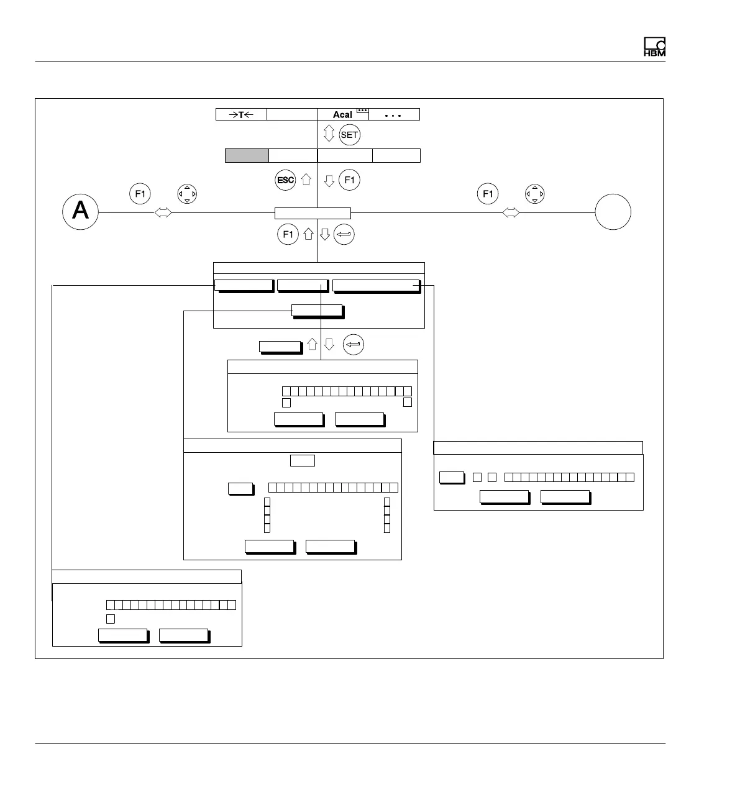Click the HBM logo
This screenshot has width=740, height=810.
point(654,48)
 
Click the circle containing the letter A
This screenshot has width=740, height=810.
point(81,212)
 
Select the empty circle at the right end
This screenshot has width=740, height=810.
point(613,212)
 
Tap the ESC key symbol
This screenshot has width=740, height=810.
point(285,180)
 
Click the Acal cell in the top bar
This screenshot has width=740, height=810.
point(344,114)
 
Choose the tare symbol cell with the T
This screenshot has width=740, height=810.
point(241,114)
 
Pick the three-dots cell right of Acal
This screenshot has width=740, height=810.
point(395,114)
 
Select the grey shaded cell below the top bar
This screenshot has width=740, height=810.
point(247,155)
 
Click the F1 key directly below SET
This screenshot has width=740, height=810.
point(350,180)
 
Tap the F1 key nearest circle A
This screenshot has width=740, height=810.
point(140,194)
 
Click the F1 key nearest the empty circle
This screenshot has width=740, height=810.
point(488,194)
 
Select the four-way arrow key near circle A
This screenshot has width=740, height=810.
point(187,194)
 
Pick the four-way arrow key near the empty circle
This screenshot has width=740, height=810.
point(534,194)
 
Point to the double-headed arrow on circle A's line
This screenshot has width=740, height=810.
point(163,212)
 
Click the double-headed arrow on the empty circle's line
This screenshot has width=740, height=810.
point(511,212)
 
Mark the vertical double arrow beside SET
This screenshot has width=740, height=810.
point(329,134)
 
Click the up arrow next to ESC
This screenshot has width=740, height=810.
point(306,180)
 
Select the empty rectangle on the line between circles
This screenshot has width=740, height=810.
point(313,213)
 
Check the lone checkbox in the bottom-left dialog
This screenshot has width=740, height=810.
point(111,619)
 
